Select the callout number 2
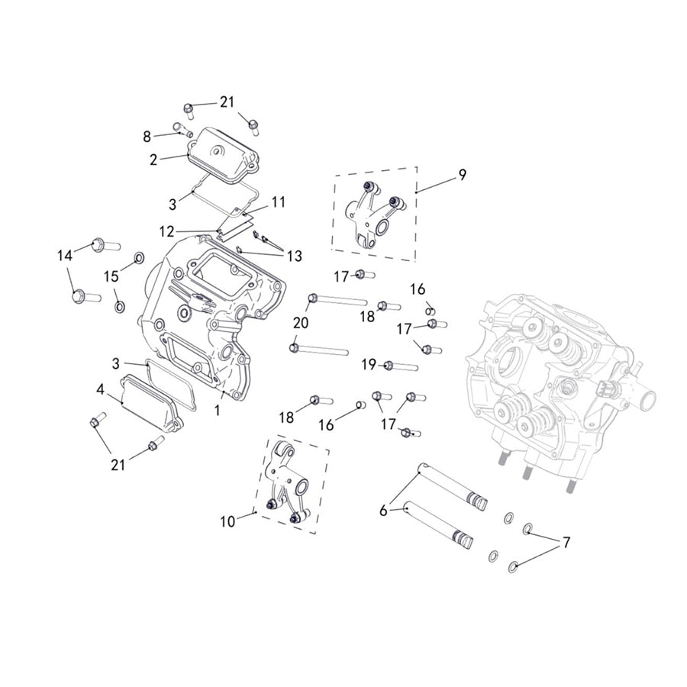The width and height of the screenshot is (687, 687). click(x=153, y=160)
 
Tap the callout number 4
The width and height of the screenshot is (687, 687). click(x=100, y=389)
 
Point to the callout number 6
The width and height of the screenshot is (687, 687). click(x=383, y=511)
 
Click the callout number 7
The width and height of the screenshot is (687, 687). click(x=566, y=543)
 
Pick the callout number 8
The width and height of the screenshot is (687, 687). click(x=147, y=137)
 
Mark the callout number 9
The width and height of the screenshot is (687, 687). click(x=462, y=176)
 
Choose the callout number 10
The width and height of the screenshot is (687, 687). click(x=227, y=522)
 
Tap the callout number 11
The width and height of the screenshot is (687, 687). click(x=278, y=202)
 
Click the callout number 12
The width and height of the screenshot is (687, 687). click(x=167, y=231)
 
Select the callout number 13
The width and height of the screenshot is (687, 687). click(x=295, y=256)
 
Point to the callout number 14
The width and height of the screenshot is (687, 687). click(x=66, y=256)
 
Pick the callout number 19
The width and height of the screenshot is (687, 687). click(x=369, y=365)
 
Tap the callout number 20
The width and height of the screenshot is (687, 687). click(x=301, y=323)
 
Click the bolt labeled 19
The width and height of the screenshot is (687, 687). click(x=401, y=366)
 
